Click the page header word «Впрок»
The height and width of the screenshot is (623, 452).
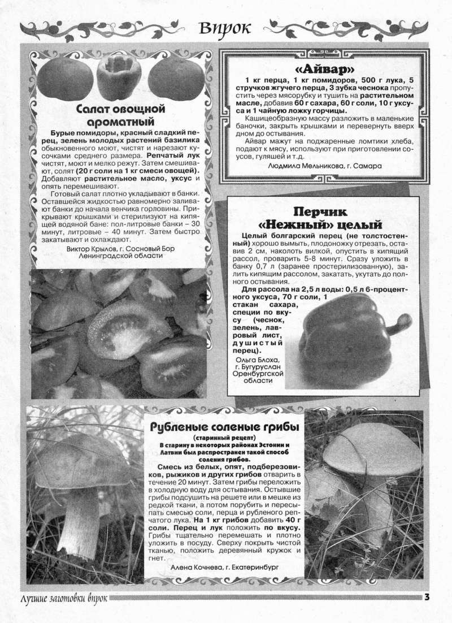(x=224, y=28)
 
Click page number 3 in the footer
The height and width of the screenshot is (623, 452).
(x=428, y=597)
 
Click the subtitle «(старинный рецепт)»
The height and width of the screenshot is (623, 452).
(x=224, y=438)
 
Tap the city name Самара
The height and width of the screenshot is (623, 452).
(x=370, y=166)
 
